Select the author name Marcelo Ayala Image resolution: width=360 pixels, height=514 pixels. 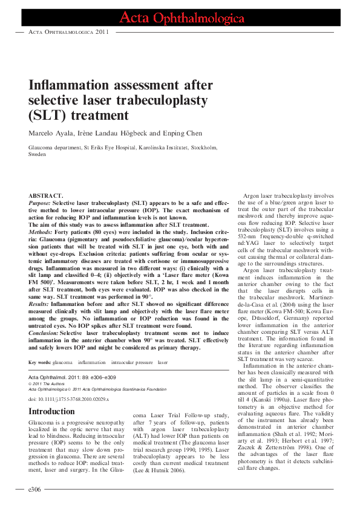click(53, 132)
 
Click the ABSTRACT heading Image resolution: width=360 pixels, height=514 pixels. click(46, 195)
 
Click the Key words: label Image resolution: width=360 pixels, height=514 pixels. click(40, 362)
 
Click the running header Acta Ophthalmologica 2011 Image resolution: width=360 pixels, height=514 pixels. click(68, 32)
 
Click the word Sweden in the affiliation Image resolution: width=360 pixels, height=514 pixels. click(37, 154)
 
